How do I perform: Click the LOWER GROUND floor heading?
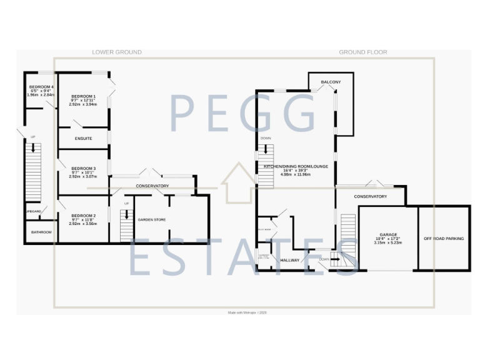(116, 52)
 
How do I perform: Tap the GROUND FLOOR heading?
(363, 52)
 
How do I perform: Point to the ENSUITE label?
(83, 138)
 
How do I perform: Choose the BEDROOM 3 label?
(83, 168)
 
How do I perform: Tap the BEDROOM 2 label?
(83, 215)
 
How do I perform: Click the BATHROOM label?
(37, 232)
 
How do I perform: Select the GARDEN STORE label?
(152, 219)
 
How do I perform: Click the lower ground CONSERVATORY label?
(152, 186)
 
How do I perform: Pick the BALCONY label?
(331, 82)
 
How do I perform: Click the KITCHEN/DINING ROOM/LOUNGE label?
(295, 166)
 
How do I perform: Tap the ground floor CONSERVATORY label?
(370, 197)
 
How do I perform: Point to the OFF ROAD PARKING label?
(444, 238)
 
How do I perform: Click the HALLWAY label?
(290, 260)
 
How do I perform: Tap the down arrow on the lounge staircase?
(266, 151)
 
